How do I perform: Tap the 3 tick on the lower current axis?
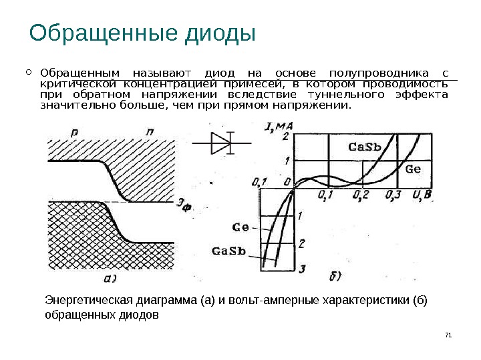(x=302, y=269)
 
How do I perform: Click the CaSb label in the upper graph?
(x=365, y=147)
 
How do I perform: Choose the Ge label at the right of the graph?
(x=413, y=169)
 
